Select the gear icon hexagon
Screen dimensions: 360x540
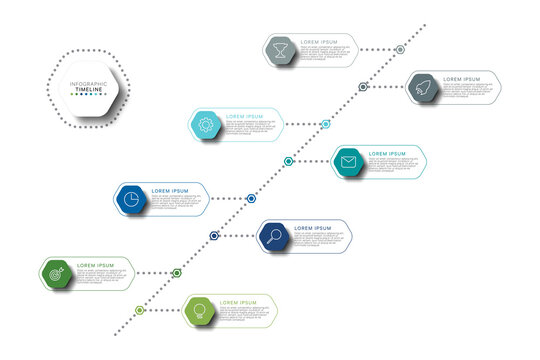[206, 125]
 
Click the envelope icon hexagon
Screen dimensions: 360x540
[348, 162]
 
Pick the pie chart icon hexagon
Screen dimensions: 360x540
[132, 199]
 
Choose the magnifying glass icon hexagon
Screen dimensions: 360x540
[273, 237]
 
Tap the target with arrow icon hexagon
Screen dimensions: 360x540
[57, 272]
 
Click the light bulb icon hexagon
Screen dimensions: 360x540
[199, 310]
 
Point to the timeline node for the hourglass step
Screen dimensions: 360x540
[400, 49]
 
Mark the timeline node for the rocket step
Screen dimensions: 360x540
[364, 87]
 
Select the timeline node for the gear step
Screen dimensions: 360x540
[326, 124]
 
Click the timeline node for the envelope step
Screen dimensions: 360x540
[288, 161]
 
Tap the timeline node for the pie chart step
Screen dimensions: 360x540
[251, 199]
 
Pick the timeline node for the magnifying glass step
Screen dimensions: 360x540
[214, 236]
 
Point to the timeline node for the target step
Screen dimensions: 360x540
[177, 272]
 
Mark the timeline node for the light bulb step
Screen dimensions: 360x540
[140, 310]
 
